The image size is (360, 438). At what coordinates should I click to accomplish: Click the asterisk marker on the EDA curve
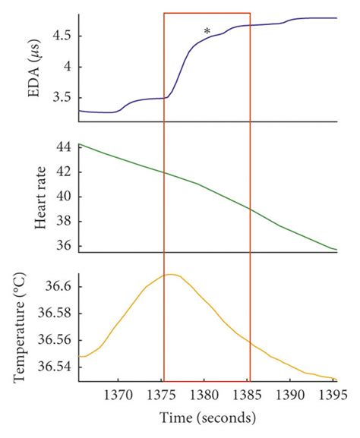coord(207,31)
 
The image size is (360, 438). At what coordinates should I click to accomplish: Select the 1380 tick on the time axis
coord(204,395)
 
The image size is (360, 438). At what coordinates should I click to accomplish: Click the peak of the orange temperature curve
coord(171,274)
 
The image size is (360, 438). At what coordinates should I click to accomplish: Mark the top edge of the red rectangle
coord(207,13)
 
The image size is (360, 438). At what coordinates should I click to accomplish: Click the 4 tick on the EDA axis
coord(68,67)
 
